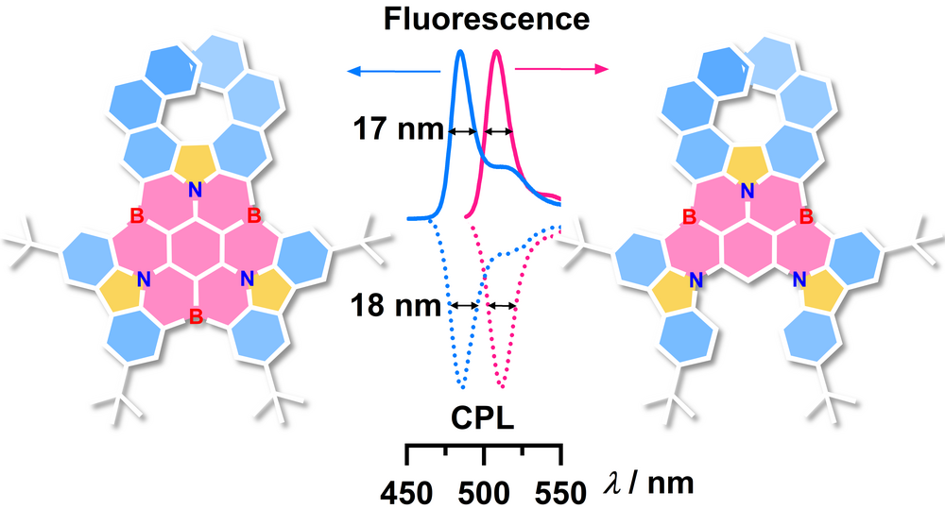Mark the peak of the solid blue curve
pyautogui.click(x=460, y=51)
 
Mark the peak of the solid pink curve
pyautogui.click(x=495, y=51)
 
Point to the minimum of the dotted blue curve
pyautogui.click(x=462, y=387)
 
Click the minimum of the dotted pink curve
pyautogui.click(x=502, y=387)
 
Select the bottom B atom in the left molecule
pyautogui.click(x=197, y=314)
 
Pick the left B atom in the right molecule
pyautogui.click(x=690, y=218)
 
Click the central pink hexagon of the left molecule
pyautogui.click(x=196, y=251)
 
